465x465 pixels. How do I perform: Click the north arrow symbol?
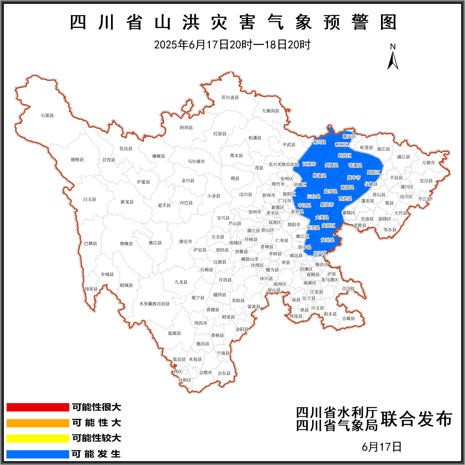pos(392,58)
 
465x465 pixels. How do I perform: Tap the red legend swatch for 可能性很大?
pos(38,407)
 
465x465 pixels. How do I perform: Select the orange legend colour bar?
pos(38,423)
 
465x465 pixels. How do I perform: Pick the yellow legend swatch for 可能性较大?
pos(38,438)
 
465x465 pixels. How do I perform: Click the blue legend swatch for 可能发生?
pos(38,454)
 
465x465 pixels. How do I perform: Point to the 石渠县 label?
pos(47,115)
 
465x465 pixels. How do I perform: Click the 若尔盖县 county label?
pos(230,97)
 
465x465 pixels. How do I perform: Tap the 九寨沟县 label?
pos(271,111)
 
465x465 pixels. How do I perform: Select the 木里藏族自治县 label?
pos(154,304)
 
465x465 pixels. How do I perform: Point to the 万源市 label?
pos(429,163)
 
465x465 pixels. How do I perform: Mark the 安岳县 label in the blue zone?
pos(328,239)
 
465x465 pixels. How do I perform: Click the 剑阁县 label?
pos(332,165)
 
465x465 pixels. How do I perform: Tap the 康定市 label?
pos(186,242)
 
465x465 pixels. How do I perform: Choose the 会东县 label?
pos(224,373)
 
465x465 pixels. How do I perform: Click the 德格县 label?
pos(77,160)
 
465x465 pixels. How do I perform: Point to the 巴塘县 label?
pos(90,243)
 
